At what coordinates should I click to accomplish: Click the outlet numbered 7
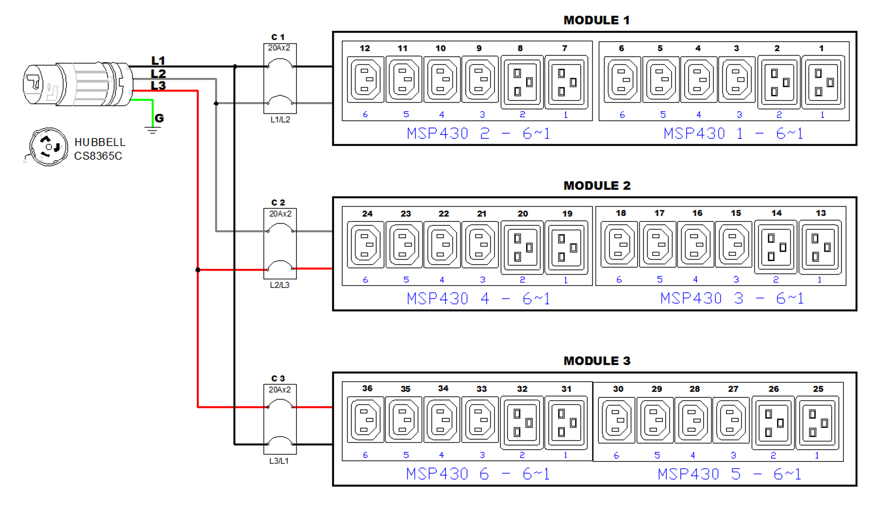pos(566,82)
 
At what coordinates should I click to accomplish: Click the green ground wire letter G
pos(159,118)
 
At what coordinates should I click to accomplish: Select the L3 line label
pos(158,86)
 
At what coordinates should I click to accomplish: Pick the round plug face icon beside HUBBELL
pos(49,147)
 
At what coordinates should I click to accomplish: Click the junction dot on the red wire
pos(198,270)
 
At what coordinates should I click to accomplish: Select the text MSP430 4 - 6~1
pos(478,299)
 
